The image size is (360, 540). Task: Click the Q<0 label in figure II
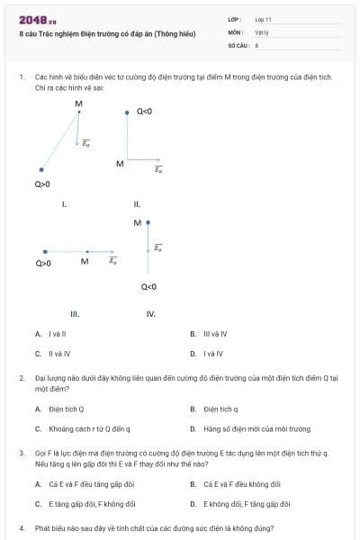click(x=144, y=112)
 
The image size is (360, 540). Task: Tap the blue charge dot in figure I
click(x=41, y=168)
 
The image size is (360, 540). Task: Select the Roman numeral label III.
click(x=75, y=314)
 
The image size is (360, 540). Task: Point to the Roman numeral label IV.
click(x=150, y=314)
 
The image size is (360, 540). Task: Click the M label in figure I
click(x=78, y=103)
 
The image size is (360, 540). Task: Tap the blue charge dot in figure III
click(x=44, y=252)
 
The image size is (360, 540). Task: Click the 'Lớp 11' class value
click(x=263, y=18)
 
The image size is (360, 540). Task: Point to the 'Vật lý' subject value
click(x=262, y=31)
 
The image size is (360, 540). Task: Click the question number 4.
click(x=21, y=527)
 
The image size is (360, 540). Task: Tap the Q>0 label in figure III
click(x=43, y=264)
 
